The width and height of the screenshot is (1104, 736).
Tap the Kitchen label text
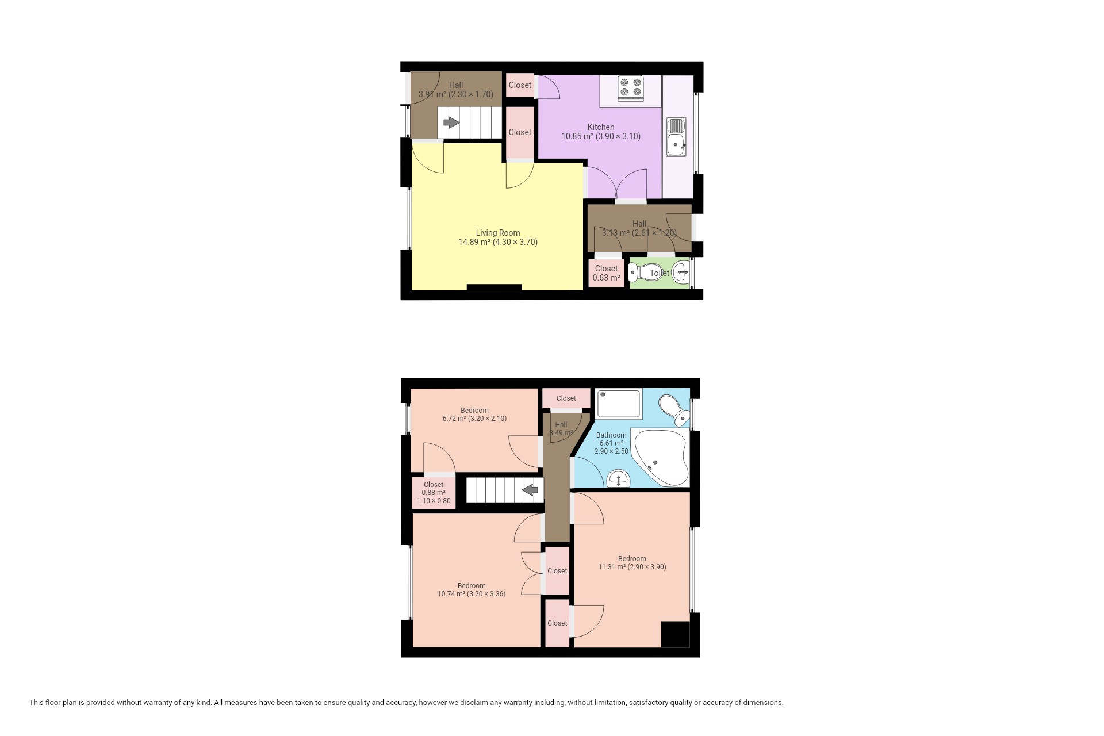tap(601, 127)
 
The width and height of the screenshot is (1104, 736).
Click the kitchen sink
tap(676, 137)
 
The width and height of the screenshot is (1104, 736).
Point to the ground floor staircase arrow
tap(451, 122)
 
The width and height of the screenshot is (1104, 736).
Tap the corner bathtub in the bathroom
tap(661, 458)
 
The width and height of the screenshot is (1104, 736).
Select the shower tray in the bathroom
tap(619, 404)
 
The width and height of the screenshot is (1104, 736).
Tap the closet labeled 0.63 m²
tap(606, 273)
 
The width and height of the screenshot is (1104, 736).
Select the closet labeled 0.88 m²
tap(434, 493)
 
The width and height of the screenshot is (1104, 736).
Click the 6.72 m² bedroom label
tap(474, 415)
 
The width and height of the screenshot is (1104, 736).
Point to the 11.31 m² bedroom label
tap(632, 562)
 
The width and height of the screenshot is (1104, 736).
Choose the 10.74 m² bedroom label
tap(471, 590)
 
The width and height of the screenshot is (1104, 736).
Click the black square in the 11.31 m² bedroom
tap(675, 635)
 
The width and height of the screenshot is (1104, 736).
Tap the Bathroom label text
tap(611, 435)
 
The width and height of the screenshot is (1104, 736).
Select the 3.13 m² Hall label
tap(639, 228)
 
